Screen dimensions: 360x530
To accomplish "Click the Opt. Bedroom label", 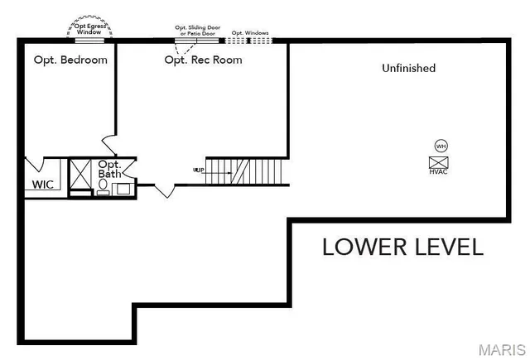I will (70, 60).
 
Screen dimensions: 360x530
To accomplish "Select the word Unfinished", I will (408, 68).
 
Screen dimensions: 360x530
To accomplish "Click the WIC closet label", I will (43, 184).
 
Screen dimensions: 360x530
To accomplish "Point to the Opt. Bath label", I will (110, 170).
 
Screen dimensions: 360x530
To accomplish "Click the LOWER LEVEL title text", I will (402, 247).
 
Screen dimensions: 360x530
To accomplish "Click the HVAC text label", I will (439, 171).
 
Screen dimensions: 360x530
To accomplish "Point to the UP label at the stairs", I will (198, 170).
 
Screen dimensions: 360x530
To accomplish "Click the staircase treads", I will (248, 171).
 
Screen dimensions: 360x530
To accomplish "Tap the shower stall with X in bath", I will (81, 174).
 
